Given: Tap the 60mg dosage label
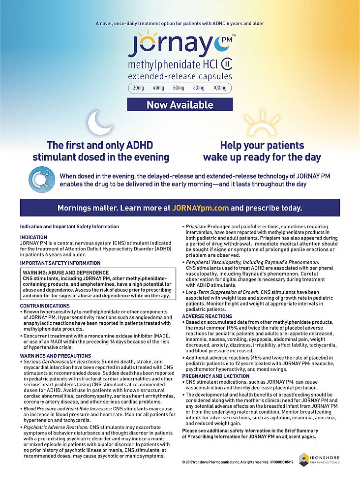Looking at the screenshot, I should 179,88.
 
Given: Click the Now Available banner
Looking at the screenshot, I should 180,105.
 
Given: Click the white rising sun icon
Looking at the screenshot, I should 262,123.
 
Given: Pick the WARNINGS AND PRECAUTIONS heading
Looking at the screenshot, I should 55,356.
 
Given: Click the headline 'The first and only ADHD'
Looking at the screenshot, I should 100,146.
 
